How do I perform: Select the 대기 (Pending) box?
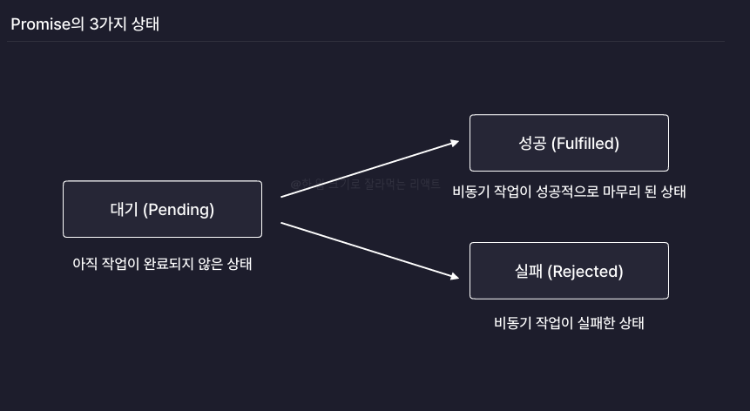[162, 209]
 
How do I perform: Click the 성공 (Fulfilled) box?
[569, 143]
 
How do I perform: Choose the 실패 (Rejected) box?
[569, 271]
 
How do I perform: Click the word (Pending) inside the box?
[179, 209]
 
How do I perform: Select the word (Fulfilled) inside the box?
[585, 143]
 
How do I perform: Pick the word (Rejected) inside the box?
[585, 272]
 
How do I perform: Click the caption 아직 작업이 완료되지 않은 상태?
[162, 263]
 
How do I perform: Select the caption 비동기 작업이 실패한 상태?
[569, 323]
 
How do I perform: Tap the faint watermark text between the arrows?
[366, 185]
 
